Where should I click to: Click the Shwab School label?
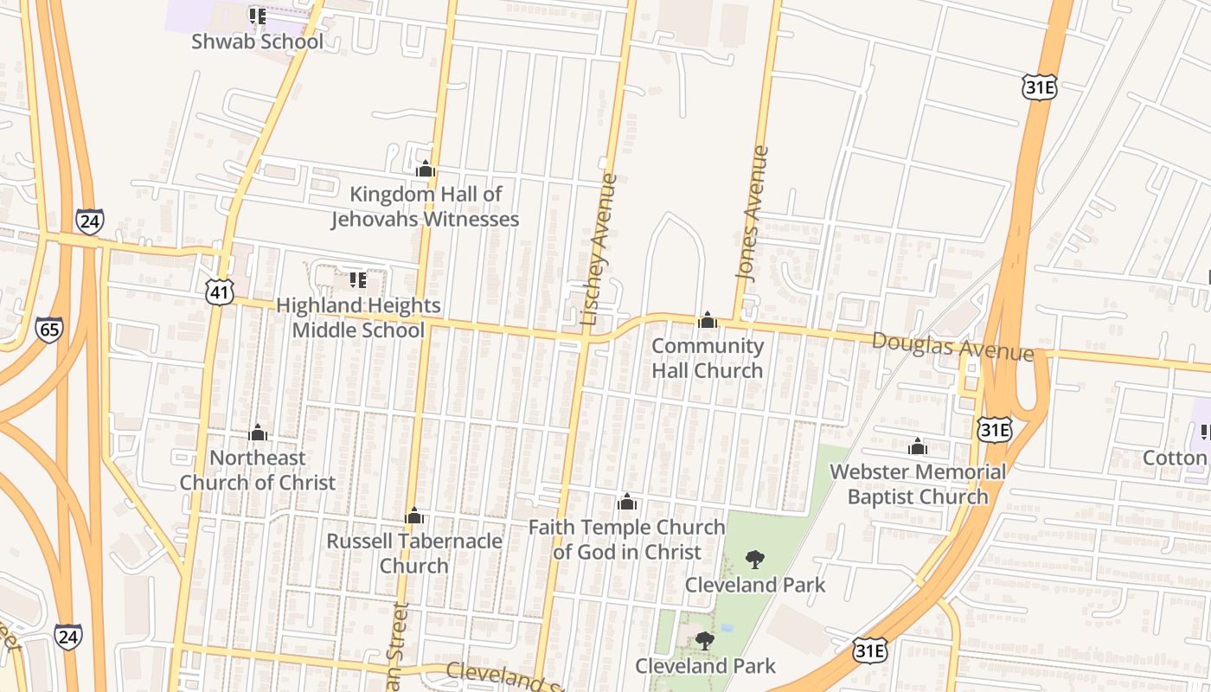pos(257,42)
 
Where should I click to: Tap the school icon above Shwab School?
pos(257,16)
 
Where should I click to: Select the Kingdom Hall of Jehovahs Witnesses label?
pos(425,207)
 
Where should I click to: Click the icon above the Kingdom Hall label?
pos(425,169)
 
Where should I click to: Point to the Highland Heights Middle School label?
pos(358,317)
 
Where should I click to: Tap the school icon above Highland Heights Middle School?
pos(357,279)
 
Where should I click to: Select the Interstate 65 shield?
pos(49,330)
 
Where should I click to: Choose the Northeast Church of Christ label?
pos(258,470)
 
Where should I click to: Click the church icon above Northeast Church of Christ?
pos(258,432)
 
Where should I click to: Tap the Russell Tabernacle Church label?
pos(414,553)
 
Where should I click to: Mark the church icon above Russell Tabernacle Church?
pos(414,516)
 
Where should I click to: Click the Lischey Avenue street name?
pos(599,249)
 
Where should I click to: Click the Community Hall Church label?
pos(708,358)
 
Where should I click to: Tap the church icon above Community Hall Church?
pos(708,320)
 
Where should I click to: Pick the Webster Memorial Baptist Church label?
pos(918,484)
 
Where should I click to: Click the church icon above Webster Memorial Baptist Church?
pos(918,447)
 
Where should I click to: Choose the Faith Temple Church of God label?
pos(627,539)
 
